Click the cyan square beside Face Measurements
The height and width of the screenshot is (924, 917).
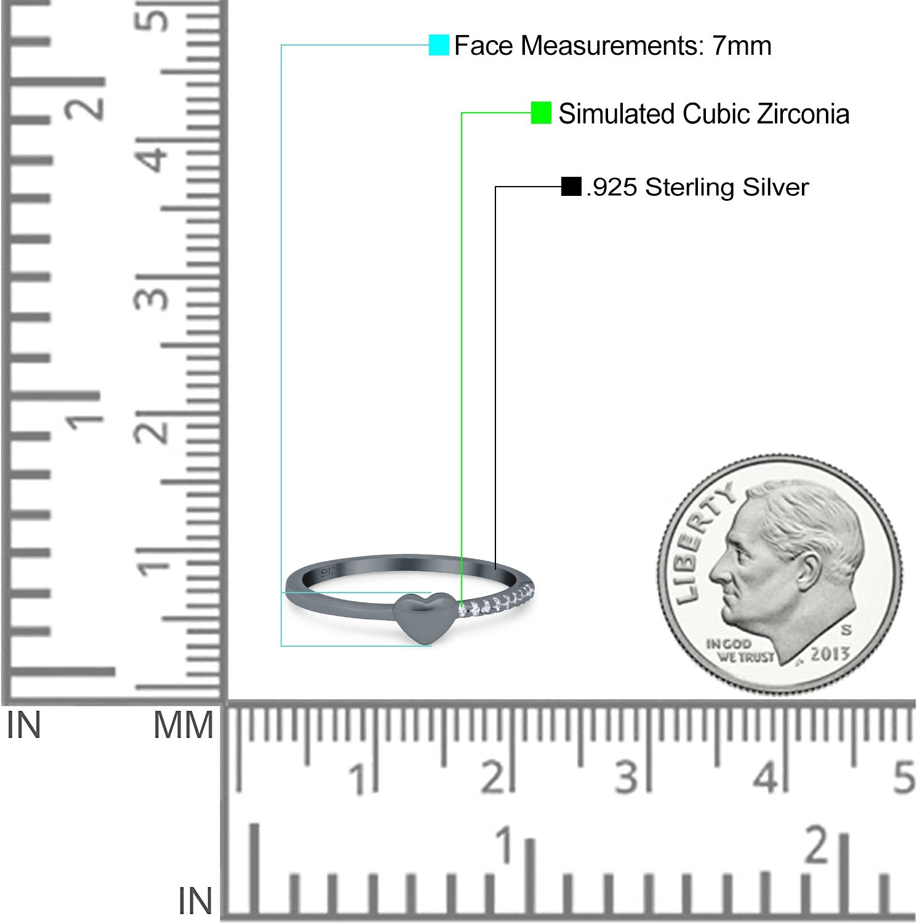point(439,45)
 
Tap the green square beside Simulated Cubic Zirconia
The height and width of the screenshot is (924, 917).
point(541,113)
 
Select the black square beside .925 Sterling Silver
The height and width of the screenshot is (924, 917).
point(571,187)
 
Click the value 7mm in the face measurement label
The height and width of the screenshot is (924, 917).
point(742,46)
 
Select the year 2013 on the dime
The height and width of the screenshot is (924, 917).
point(830,653)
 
